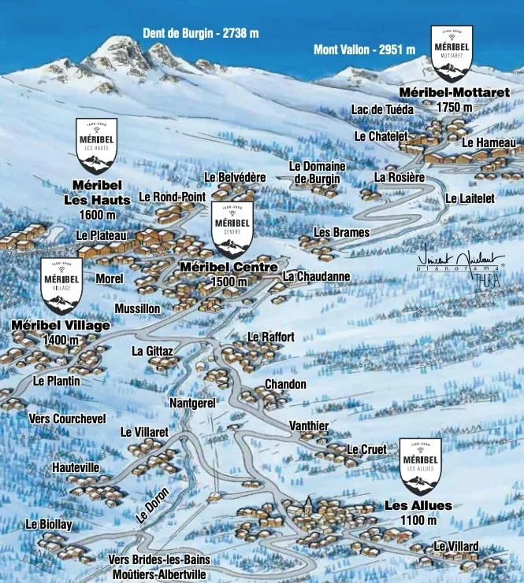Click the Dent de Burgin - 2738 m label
(x=200, y=33)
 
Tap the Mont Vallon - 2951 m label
(x=364, y=50)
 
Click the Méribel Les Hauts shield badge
(x=96, y=146)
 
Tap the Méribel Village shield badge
(x=61, y=286)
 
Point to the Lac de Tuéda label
(x=383, y=109)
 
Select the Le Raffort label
(x=271, y=337)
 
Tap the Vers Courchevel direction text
(x=67, y=419)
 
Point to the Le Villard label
(x=455, y=547)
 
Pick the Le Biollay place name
(x=49, y=524)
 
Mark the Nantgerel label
(x=192, y=402)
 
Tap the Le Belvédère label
(x=235, y=177)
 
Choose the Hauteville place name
(x=76, y=467)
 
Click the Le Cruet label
(x=366, y=449)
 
